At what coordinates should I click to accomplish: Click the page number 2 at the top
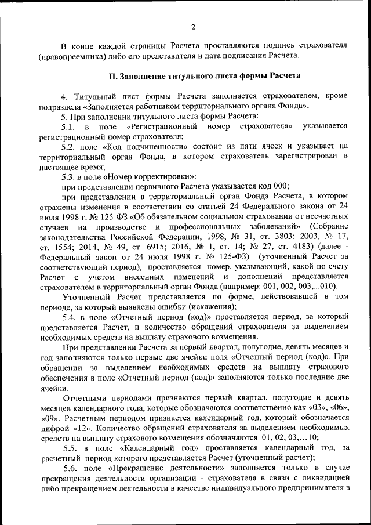193,26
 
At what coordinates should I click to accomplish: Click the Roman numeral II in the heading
114,76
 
